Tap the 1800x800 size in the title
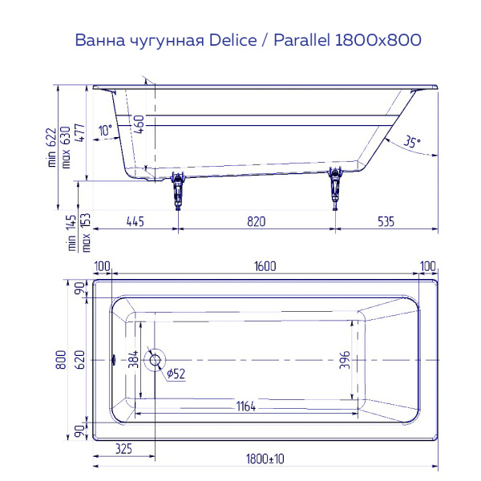(382, 40)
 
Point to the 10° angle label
(105, 131)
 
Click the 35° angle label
(411, 142)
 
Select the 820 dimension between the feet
(256, 221)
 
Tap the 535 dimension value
(386, 221)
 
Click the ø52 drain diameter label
(176, 374)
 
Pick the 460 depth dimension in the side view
(140, 125)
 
